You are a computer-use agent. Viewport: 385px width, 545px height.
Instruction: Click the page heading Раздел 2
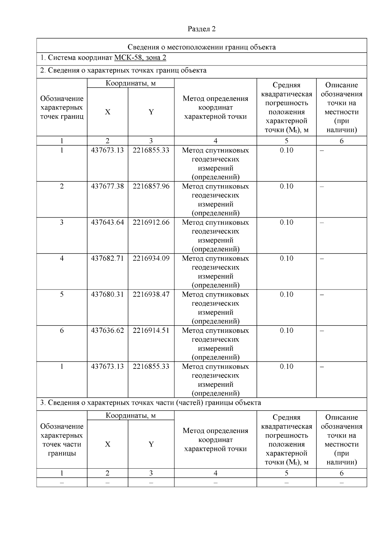coord(201,29)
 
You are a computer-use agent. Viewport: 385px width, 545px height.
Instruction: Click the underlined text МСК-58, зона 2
coord(140,58)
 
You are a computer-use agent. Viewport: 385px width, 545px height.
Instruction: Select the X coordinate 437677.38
coord(107,186)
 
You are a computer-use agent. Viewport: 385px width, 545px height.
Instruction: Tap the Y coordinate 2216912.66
coord(151,222)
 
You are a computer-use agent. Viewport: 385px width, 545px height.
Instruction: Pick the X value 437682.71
coord(107,258)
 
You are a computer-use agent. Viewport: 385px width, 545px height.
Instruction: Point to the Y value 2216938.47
coord(151,294)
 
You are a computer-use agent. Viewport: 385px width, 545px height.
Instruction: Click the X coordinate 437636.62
coord(107,330)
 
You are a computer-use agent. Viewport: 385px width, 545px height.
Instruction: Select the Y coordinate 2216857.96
coord(151,186)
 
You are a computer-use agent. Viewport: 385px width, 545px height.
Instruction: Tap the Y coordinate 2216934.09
coord(151,258)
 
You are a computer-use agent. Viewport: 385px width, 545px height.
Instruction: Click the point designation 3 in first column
coord(62,222)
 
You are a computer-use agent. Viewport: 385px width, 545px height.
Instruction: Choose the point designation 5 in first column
coord(62,294)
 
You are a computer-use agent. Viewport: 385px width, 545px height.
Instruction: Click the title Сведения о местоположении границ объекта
coord(201,47)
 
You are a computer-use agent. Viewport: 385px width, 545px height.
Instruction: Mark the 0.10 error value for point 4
coord(286,258)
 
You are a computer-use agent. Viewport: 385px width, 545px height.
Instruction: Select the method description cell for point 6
coord(215,343)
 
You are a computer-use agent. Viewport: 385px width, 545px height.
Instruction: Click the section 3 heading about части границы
coord(150,402)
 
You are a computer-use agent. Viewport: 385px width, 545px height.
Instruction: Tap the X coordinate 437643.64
coord(107,222)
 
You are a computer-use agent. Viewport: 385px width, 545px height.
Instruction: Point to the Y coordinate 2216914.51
coord(151,330)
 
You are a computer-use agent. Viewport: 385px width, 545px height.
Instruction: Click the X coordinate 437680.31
coord(107,294)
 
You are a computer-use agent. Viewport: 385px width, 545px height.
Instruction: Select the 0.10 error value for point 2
coord(286,186)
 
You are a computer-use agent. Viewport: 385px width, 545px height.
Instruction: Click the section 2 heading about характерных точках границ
coord(123,70)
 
